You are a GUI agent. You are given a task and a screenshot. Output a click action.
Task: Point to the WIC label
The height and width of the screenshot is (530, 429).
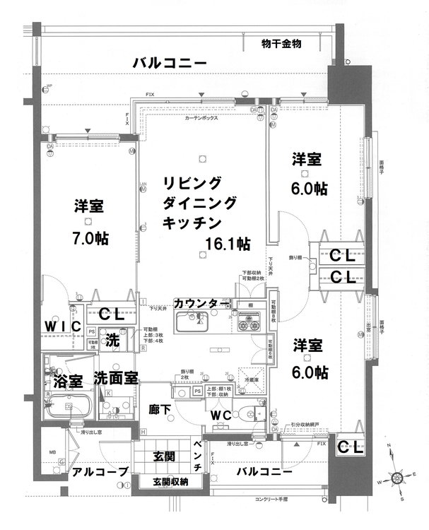tap(57, 326)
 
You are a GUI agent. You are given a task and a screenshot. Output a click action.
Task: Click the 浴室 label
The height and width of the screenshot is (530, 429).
tap(68, 381)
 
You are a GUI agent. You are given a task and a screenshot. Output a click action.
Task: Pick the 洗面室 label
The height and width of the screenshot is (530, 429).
tap(117, 378)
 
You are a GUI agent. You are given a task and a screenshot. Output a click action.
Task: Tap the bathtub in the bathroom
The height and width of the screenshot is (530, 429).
tap(69, 408)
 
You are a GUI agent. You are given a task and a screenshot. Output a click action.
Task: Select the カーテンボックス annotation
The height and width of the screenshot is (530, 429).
tap(201, 118)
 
